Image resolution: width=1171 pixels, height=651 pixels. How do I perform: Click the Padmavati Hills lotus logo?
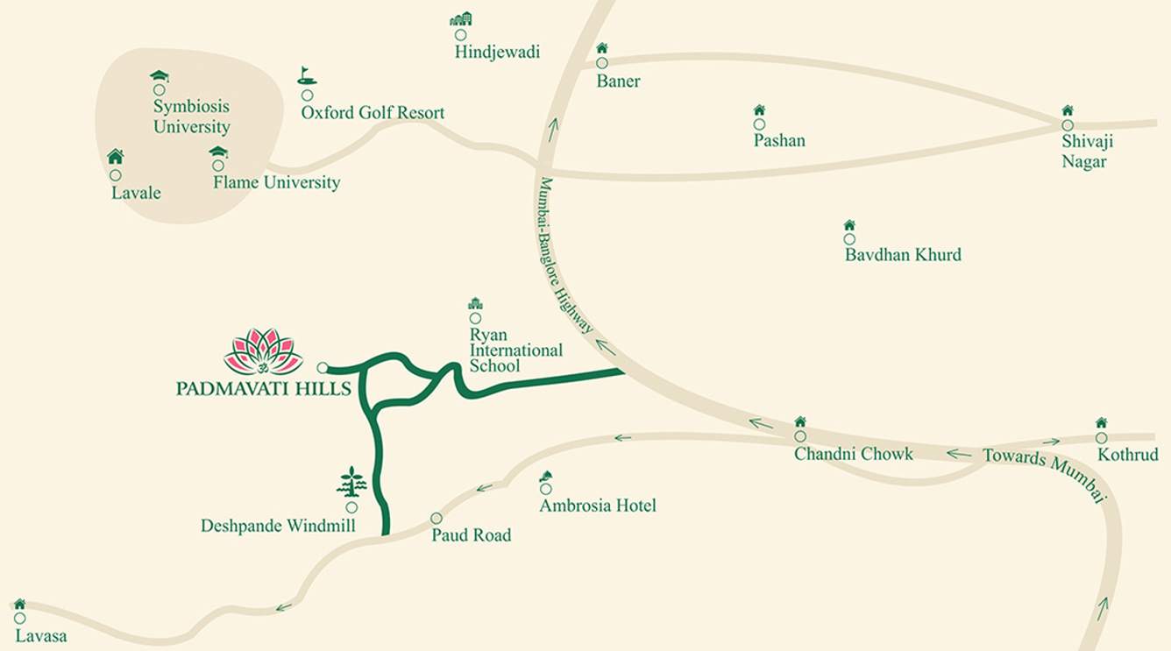pyautogui.click(x=263, y=351)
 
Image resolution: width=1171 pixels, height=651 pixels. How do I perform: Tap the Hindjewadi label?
pyautogui.click(x=497, y=53)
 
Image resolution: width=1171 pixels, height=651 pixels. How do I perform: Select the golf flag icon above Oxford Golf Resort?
pyautogui.click(x=306, y=75)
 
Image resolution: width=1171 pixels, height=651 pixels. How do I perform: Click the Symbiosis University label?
pyautogui.click(x=191, y=117)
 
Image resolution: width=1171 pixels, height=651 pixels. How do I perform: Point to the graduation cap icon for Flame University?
pyautogui.click(x=218, y=152)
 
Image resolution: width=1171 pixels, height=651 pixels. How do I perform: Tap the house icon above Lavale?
pyautogui.click(x=115, y=157)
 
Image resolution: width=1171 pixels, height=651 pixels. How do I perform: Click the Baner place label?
pyautogui.click(x=618, y=81)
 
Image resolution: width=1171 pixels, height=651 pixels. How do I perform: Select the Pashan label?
pyautogui.click(x=779, y=140)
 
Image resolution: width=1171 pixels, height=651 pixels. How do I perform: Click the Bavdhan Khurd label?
pyautogui.click(x=903, y=255)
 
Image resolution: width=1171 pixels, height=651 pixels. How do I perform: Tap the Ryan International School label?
pyautogui.click(x=515, y=350)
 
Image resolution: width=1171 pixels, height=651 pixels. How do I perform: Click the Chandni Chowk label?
pyautogui.click(x=853, y=454)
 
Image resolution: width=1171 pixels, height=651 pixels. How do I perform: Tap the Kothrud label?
pyautogui.click(x=1128, y=455)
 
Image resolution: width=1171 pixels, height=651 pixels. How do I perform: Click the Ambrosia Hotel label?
pyautogui.click(x=598, y=506)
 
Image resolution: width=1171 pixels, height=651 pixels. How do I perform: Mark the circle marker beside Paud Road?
pyautogui.click(x=436, y=518)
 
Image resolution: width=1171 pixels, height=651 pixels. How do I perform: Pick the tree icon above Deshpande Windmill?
pyautogui.click(x=351, y=482)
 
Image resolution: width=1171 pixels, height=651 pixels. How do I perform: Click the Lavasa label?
pyautogui.click(x=40, y=636)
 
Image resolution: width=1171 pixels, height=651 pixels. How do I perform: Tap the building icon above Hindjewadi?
pyautogui.click(x=460, y=19)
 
